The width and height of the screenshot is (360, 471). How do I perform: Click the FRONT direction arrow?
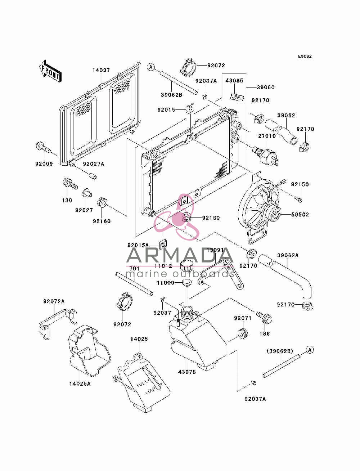click(x=50, y=71)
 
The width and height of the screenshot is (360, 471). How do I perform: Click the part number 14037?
click(x=101, y=70)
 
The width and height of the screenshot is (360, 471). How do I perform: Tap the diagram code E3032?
click(x=305, y=57)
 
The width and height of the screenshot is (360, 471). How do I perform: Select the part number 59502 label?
click(x=300, y=214)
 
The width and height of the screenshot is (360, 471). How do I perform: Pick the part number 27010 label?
click(x=267, y=136)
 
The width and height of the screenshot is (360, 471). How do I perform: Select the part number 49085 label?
click(x=234, y=80)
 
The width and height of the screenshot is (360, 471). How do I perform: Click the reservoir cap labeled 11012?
click(x=186, y=266)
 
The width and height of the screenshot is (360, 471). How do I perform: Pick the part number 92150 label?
click(x=300, y=184)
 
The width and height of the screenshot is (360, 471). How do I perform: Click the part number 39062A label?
click(x=288, y=255)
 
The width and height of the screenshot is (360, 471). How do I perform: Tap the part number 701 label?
click(x=134, y=269)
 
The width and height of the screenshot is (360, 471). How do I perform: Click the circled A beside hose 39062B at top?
click(x=151, y=67)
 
